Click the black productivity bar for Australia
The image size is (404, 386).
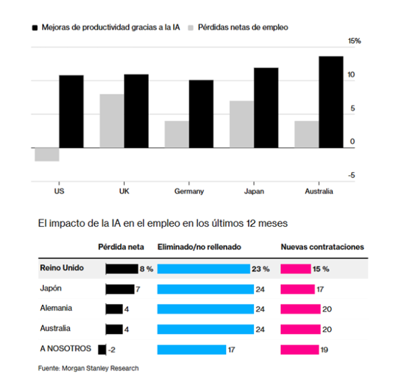coord(331,102)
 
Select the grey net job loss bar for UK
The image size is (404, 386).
coord(112,121)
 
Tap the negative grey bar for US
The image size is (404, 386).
coord(47,154)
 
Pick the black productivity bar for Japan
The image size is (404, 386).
coord(266,107)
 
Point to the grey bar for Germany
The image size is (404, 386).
coord(177,134)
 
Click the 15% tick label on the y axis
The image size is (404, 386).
coord(355,41)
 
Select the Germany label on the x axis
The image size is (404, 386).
coord(189,191)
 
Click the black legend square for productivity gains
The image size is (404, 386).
coord(35,27)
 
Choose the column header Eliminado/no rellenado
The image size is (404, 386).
coord(199,248)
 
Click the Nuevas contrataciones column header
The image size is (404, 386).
coord(322,248)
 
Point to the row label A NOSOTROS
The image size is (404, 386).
coord(65,349)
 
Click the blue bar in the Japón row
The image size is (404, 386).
coord(205,289)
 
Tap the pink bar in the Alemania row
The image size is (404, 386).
coord(300,309)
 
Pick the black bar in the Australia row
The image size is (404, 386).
coord(114,329)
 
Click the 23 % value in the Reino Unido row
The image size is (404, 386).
coord(261,269)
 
